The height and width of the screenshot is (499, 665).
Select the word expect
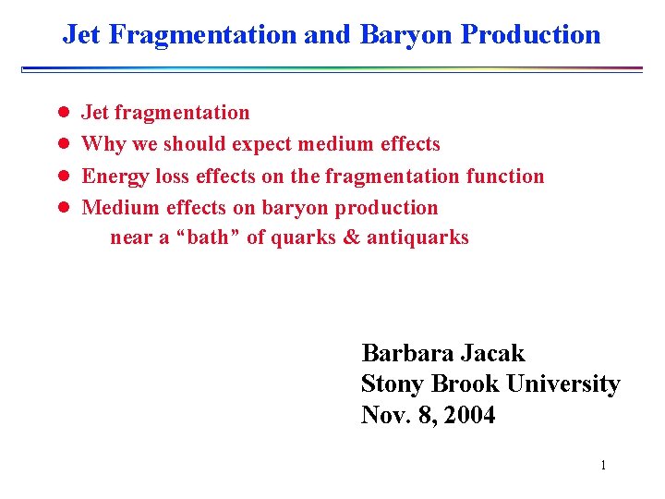pyautogui.click(x=266, y=145)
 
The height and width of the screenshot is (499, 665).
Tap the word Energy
pyautogui.click(x=114, y=176)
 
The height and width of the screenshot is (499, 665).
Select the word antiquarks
pyautogui.click(x=417, y=238)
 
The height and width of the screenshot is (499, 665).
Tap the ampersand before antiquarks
pyautogui.click(x=351, y=237)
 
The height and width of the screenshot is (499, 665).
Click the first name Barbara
pyautogui.click(x=405, y=353)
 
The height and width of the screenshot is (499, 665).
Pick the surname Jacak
pyautogui.click(x=490, y=353)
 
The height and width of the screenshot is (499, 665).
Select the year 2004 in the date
pyautogui.click(x=469, y=416)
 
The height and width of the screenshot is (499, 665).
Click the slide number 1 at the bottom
pyautogui.click(x=602, y=465)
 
